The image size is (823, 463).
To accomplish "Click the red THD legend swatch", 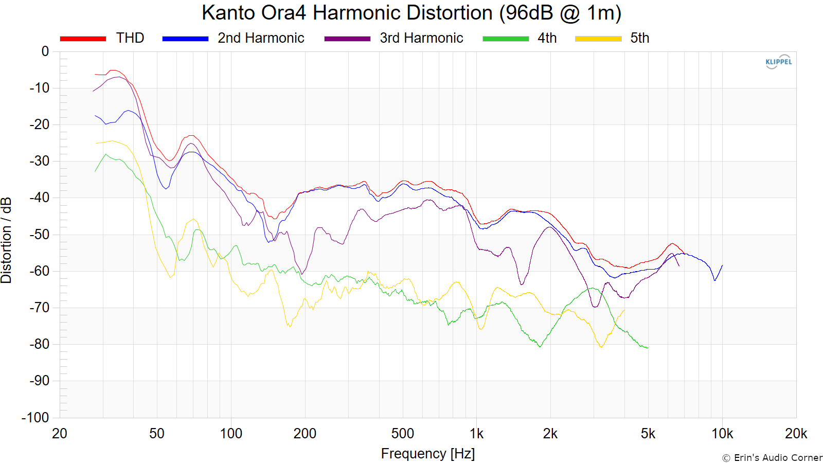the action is [x=83, y=39].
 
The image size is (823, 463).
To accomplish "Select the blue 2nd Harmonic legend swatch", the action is [x=185, y=39].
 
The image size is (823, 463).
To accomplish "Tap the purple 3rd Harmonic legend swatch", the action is [x=347, y=39].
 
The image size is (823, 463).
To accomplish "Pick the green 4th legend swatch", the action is [x=506, y=39].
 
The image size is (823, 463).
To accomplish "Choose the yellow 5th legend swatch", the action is [x=598, y=39].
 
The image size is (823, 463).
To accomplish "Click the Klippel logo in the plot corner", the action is [x=779, y=62].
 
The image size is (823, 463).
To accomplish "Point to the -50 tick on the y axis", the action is [x=39, y=235].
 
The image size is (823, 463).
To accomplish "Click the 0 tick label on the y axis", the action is [x=45, y=51].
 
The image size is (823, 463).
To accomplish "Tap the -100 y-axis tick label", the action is [x=35, y=417].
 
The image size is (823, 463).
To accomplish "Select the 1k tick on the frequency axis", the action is [x=476, y=434].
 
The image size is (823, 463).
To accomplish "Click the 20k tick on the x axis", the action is [x=796, y=434].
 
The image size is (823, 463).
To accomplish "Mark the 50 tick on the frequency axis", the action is [x=157, y=434].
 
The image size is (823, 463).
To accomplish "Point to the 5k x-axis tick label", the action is [x=648, y=434].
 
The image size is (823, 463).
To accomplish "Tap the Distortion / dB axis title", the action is [x=6, y=240].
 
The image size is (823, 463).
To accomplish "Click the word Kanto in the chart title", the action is [x=228, y=13].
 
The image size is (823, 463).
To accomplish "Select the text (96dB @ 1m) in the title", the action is [x=560, y=13].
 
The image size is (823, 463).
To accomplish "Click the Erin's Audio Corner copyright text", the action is [x=772, y=458].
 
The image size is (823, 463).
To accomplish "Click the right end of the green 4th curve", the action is [x=648, y=348].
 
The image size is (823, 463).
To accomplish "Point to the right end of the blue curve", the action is [x=722, y=265].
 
